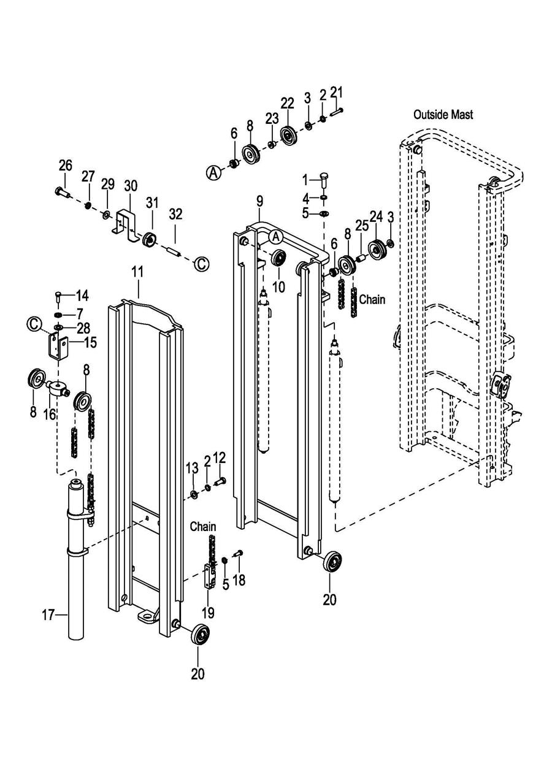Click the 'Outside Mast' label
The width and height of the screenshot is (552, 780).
pyautogui.click(x=443, y=114)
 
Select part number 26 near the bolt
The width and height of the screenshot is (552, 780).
pyautogui.click(x=65, y=166)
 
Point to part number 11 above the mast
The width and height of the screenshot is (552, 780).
pyautogui.click(x=137, y=272)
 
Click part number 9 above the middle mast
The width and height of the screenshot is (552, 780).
pyautogui.click(x=259, y=201)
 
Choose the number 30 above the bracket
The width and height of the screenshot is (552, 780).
pyautogui.click(x=131, y=186)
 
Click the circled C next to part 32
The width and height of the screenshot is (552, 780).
pyautogui.click(x=202, y=264)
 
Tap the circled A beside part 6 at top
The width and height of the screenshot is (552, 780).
pyautogui.click(x=215, y=172)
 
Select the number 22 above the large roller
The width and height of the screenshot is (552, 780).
pyautogui.click(x=288, y=104)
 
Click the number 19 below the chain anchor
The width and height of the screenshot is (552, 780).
pyautogui.click(x=208, y=613)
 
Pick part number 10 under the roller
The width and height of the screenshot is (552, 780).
pyautogui.click(x=278, y=286)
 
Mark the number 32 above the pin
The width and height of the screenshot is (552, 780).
pyautogui.click(x=175, y=214)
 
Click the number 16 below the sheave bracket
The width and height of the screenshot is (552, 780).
pyautogui.click(x=50, y=414)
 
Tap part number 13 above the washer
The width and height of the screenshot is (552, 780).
pyautogui.click(x=192, y=468)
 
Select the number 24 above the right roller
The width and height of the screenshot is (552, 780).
pyautogui.click(x=376, y=216)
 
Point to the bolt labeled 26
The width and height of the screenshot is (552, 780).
pyautogui.click(x=63, y=191)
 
